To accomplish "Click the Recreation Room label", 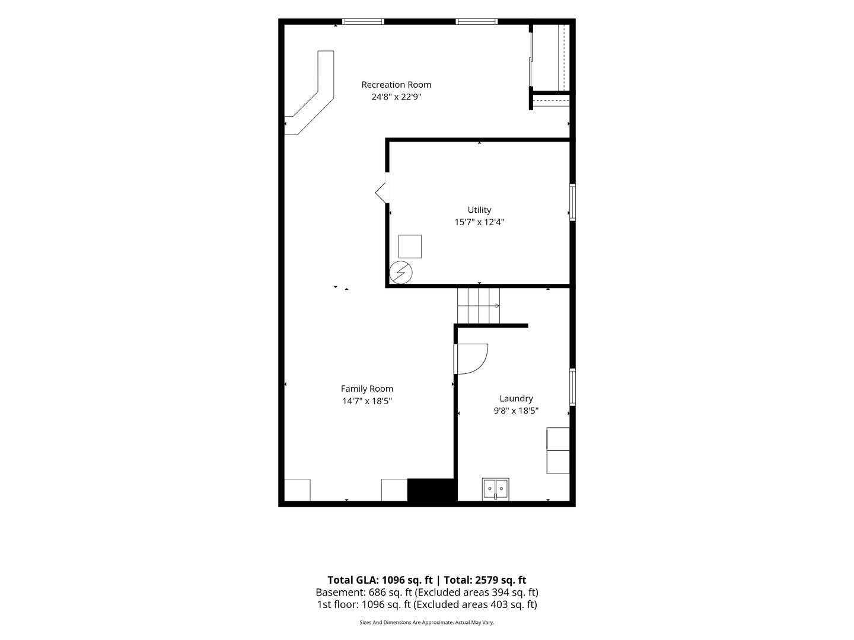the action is [x=396, y=85].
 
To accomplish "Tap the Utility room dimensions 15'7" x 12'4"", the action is [x=479, y=222].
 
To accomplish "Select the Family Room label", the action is [x=367, y=389].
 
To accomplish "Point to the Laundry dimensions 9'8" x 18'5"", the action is [x=516, y=411].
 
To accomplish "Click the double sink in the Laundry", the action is [x=495, y=489].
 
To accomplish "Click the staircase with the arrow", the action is [x=478, y=306].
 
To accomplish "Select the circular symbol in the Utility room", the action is [x=401, y=273].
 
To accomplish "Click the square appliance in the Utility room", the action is [x=410, y=247].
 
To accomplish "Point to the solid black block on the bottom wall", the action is [x=431, y=490].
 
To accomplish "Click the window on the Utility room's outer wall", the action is [x=572, y=203].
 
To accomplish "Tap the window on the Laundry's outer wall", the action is [x=572, y=387].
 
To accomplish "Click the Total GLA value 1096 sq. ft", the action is [x=407, y=580].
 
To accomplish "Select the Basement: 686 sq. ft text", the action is [x=364, y=592].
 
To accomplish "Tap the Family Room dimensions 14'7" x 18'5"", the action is [x=367, y=401].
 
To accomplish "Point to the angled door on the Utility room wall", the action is [x=382, y=193].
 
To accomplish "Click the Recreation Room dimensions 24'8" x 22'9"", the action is [x=397, y=97].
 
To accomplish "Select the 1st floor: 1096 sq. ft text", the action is [x=364, y=604].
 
